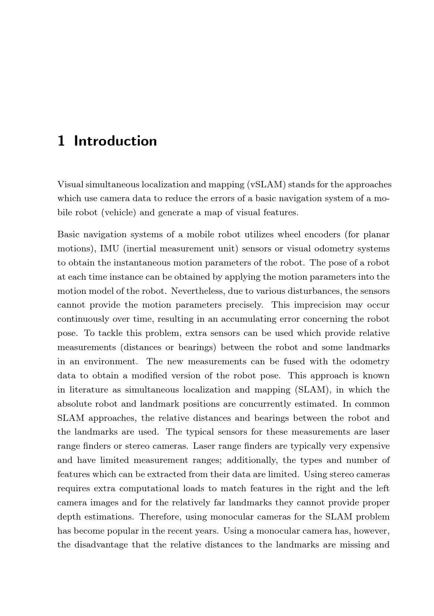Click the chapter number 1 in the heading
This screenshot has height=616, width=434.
(61, 141)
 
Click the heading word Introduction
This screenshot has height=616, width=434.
(115, 141)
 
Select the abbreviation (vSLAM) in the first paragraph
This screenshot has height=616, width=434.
(266, 184)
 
